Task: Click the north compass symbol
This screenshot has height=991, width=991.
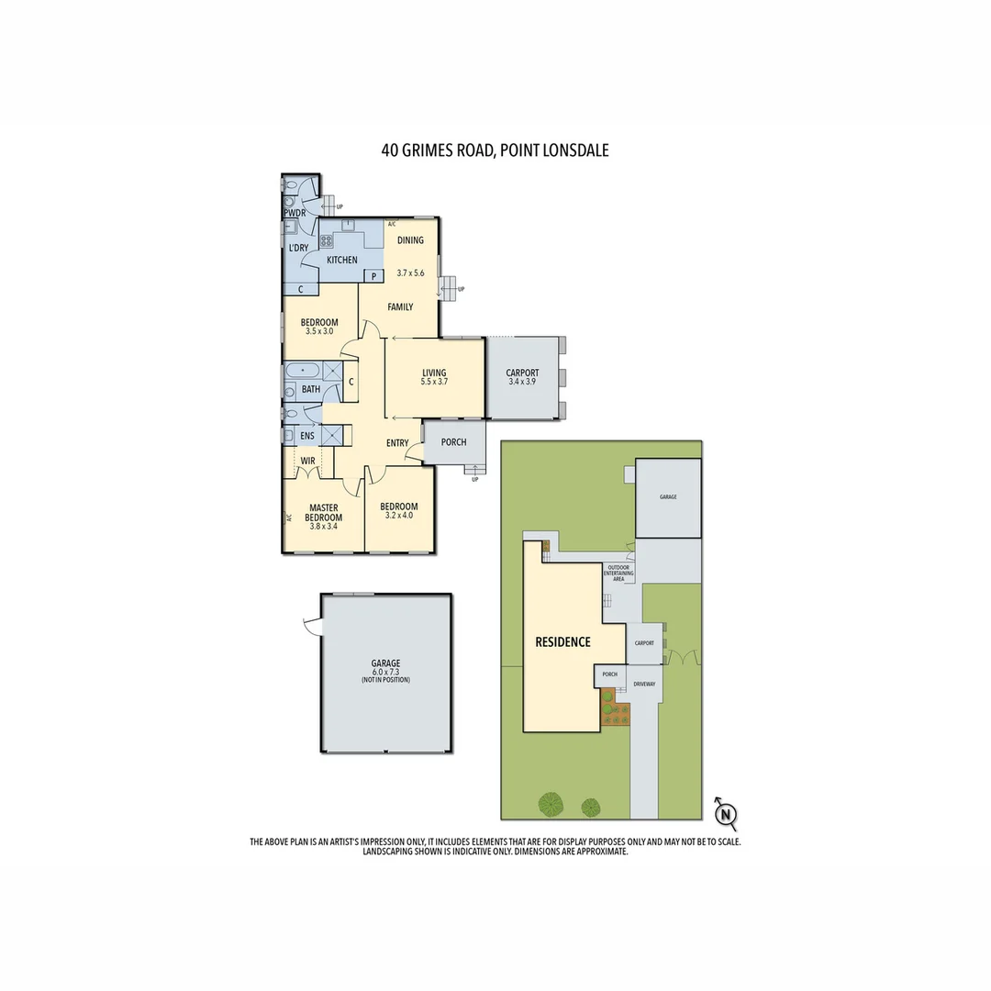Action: click(726, 814)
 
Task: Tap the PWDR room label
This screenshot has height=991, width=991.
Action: click(295, 213)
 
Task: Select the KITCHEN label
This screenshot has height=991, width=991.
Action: click(342, 261)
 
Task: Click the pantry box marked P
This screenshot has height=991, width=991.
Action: click(374, 276)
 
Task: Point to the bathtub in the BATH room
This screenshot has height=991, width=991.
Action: click(303, 372)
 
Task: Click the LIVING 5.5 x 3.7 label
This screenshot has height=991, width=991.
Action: click(434, 377)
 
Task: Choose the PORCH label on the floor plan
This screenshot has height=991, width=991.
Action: click(453, 442)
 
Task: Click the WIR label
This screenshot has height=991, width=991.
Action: click(308, 461)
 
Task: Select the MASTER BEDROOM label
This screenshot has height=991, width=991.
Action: click(324, 512)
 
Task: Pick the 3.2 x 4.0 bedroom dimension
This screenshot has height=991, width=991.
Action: click(399, 516)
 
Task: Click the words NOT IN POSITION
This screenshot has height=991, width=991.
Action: click(385, 680)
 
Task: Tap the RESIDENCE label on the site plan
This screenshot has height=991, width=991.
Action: click(562, 642)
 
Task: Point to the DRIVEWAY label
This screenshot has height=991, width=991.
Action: click(644, 684)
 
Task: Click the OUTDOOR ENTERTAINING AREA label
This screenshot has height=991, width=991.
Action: click(618, 573)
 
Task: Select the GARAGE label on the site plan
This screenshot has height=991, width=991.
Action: click(668, 496)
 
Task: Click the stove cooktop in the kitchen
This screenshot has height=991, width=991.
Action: click(326, 241)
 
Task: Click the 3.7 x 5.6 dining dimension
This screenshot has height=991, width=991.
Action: click(410, 273)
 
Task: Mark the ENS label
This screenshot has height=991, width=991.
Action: click(306, 436)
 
